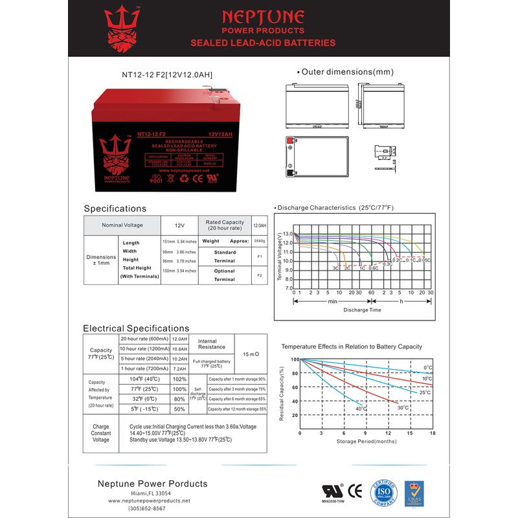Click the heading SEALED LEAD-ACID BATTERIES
click(x=279, y=43)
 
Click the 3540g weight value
click(x=259, y=240)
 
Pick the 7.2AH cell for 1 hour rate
click(x=179, y=368)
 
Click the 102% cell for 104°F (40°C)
click(x=179, y=379)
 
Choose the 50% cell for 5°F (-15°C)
click(x=179, y=409)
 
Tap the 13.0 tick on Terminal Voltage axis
click(x=287, y=234)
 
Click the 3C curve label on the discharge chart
click(x=335, y=267)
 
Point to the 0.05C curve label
click(x=424, y=260)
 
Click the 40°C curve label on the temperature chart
click(x=361, y=409)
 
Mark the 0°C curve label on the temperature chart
click(x=428, y=368)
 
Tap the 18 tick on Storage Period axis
click(x=433, y=433)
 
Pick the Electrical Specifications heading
click(x=136, y=328)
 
